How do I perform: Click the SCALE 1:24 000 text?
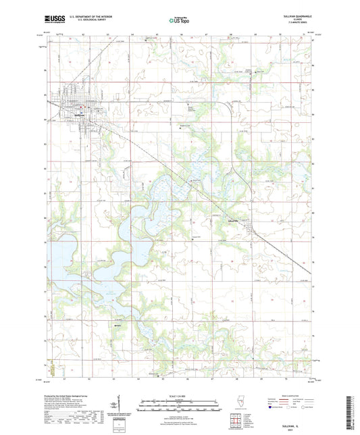[x=179, y=395]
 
